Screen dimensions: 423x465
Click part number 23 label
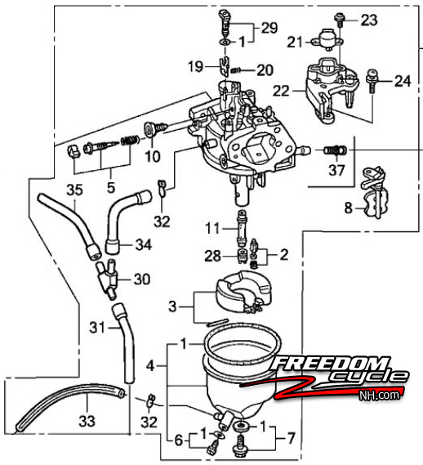click(x=369, y=20)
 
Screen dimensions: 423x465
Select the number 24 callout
click(x=403, y=81)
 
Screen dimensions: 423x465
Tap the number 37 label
click(x=336, y=170)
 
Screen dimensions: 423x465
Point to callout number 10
click(x=153, y=156)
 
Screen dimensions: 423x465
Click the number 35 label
click(x=74, y=190)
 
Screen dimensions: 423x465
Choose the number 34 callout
click(x=144, y=245)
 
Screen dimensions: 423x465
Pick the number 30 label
click(x=142, y=279)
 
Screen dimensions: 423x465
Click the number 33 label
click(x=87, y=421)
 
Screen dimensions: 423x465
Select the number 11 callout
click(x=212, y=228)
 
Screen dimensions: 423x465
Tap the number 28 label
click(x=213, y=256)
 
